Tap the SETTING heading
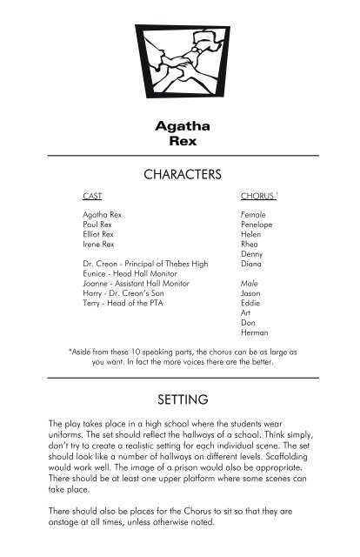[180, 399]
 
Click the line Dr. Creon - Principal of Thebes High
[145, 263]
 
